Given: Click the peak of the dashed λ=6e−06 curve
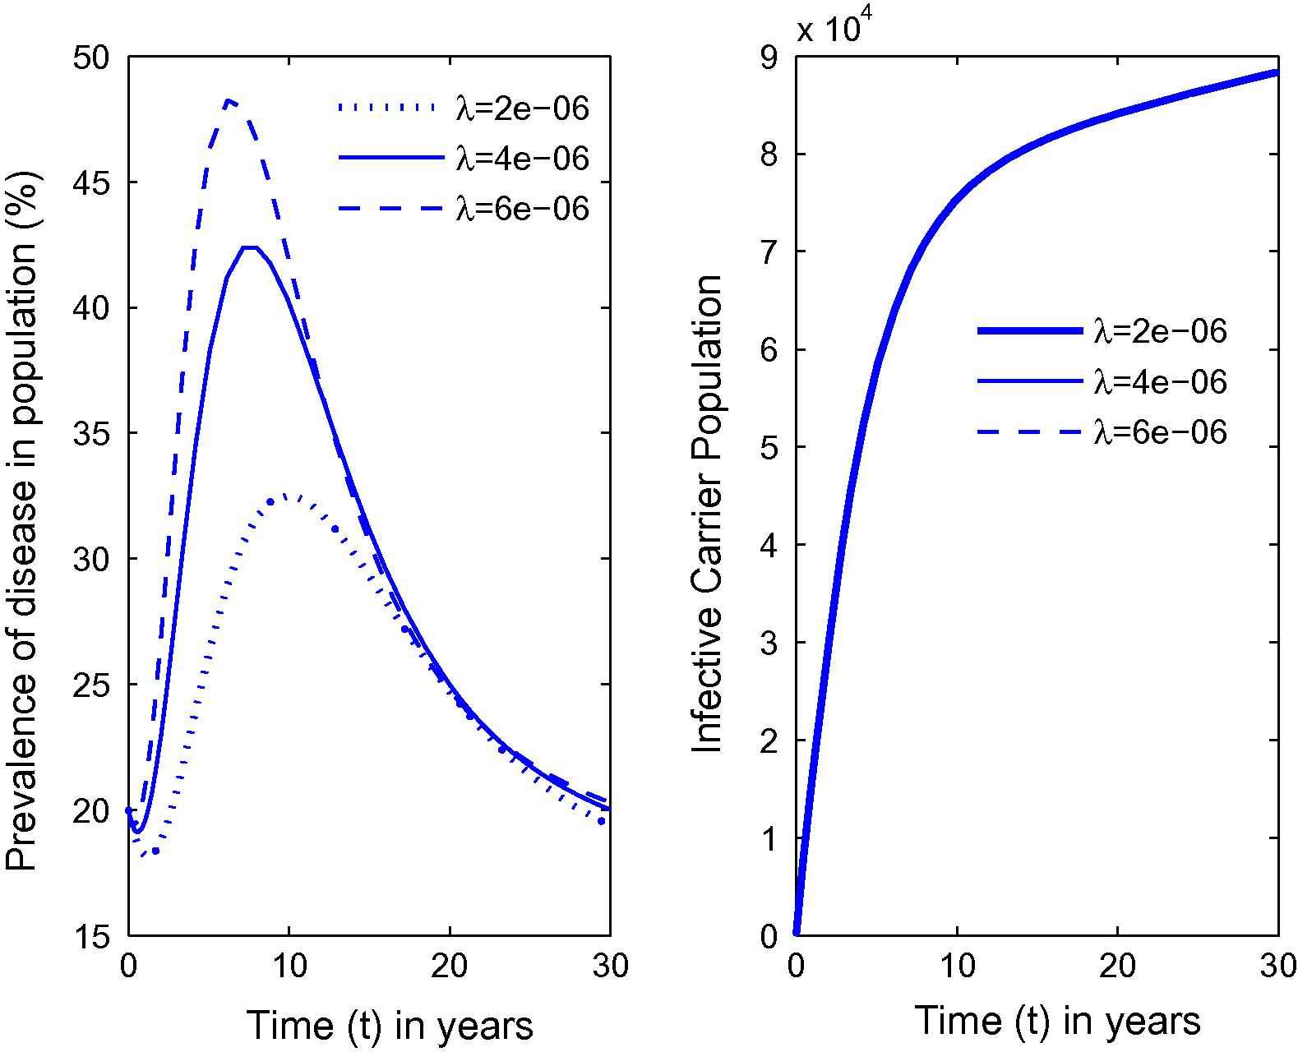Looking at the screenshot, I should click(230, 100).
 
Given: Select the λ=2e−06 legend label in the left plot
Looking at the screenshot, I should click(523, 108).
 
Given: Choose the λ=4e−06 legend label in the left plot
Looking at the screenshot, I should click(523, 159).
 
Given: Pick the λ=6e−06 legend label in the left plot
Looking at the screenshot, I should click(523, 209).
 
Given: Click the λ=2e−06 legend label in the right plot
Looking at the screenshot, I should click(1160, 331).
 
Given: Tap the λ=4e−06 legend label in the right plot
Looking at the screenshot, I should click(1160, 382).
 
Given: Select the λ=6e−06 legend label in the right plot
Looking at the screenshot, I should click(1160, 432).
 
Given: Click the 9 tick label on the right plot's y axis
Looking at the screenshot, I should click(768, 58).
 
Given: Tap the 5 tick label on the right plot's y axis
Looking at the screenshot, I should click(768, 448).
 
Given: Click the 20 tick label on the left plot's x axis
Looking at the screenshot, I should click(450, 966).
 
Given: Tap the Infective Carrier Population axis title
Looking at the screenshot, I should click(708, 513).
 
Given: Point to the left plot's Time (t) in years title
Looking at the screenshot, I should click(390, 1025).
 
